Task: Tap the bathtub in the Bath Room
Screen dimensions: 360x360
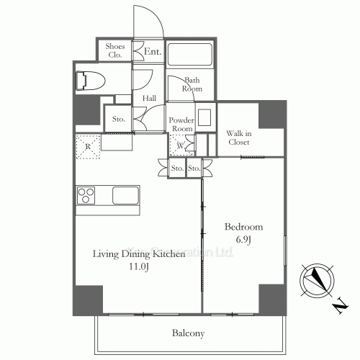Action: point(190,55)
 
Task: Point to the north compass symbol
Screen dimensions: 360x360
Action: point(319,282)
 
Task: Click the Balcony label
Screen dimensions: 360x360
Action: point(188,333)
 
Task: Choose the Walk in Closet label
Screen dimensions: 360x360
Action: point(238,138)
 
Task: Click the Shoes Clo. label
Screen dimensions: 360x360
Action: point(116,50)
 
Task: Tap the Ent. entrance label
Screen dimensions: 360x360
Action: point(152,52)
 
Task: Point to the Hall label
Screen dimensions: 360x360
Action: point(149,98)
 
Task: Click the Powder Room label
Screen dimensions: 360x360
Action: point(181,124)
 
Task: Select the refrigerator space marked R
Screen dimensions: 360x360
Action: point(88,146)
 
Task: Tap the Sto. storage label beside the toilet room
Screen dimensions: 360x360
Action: point(117,119)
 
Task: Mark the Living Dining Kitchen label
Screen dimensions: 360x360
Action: point(132,253)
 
